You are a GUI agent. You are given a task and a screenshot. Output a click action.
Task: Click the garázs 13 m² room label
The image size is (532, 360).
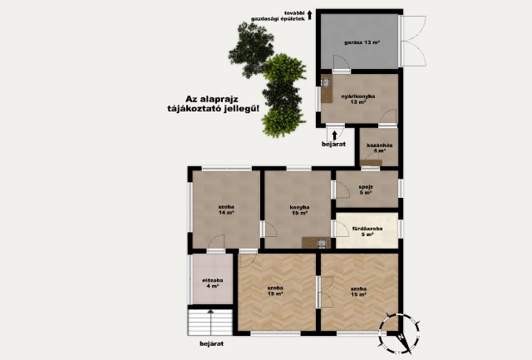(x=357, y=42)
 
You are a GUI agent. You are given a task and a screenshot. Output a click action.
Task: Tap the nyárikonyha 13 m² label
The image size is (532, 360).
(x=358, y=100)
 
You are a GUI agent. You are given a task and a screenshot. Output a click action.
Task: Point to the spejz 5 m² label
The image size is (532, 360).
(x=366, y=190)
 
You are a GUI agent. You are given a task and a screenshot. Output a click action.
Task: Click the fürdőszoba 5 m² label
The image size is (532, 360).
(x=367, y=230)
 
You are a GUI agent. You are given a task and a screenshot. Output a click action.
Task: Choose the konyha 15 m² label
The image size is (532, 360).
(x=299, y=210)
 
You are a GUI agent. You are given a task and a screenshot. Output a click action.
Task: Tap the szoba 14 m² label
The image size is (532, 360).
(x=225, y=210)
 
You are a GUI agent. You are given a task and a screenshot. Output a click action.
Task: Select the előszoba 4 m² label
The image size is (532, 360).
(x=213, y=283)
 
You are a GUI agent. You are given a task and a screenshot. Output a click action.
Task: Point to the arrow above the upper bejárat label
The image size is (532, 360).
(x=332, y=132)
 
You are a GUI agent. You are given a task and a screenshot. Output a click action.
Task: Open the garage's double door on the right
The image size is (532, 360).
(x=408, y=42)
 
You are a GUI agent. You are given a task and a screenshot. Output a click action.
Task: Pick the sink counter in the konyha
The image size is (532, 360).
(x=313, y=243)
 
